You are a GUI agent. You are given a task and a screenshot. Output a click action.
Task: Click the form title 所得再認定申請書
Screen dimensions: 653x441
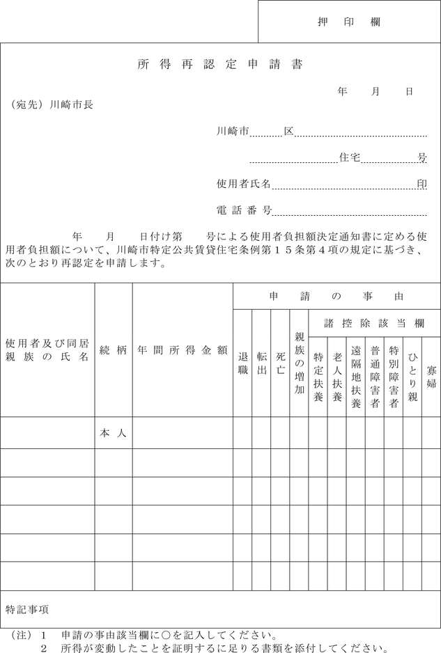[220, 65]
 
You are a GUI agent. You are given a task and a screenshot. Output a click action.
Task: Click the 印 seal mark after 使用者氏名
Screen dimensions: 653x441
[421, 184]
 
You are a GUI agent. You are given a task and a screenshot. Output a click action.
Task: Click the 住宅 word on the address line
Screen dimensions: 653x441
[349, 158]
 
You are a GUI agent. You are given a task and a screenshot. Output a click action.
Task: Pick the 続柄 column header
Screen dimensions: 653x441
[114, 350]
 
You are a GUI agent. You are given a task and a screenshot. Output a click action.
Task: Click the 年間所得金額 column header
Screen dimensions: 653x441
[182, 350]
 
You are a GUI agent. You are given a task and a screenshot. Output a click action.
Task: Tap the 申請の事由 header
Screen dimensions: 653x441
[336, 296]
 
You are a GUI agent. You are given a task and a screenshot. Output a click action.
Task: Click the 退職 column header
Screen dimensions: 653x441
[242, 363]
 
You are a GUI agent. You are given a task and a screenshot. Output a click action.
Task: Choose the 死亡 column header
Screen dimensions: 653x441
[280, 363]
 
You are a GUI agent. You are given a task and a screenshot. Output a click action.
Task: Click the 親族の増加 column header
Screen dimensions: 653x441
[299, 363]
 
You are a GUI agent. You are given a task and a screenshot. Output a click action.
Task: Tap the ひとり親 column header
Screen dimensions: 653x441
[412, 377]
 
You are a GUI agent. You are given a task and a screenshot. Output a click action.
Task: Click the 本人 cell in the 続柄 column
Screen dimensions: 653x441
[113, 433]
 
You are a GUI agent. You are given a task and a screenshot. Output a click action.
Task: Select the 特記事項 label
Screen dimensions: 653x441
[27, 609]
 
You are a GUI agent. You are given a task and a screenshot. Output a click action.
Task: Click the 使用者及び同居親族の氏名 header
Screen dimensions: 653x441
[47, 350]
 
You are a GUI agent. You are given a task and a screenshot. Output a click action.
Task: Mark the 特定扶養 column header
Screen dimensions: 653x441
[318, 377]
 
